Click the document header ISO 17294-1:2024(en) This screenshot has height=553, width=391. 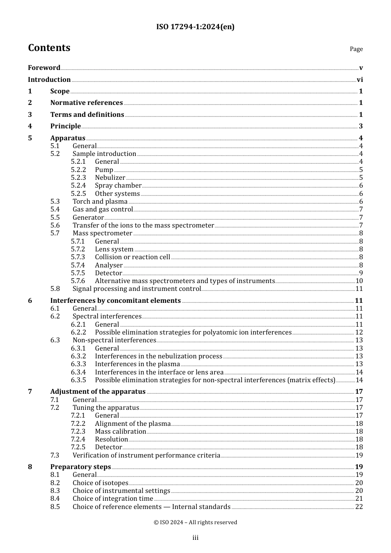pyautogui.click(x=195, y=27)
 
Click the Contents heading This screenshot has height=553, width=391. pyautogui.click(x=49, y=48)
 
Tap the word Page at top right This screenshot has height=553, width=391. pyautogui.click(x=356, y=49)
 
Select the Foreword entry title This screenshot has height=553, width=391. pyautogui.click(x=44, y=68)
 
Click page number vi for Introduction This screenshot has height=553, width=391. pyautogui.click(x=360, y=80)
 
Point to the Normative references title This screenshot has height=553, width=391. pyautogui.click(x=86, y=103)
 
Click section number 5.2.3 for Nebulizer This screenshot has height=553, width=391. pyautogui.click(x=78, y=178)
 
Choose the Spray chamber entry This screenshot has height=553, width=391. pyautogui.click(x=118, y=186)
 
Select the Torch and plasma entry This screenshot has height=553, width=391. pyautogui.click(x=100, y=202)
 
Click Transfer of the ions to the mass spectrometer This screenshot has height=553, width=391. pyautogui.click(x=143, y=225)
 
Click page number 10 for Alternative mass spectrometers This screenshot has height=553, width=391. pyautogui.click(x=359, y=281)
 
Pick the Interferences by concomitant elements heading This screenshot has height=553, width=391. pyautogui.click(x=115, y=301)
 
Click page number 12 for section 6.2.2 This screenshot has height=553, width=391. pyautogui.click(x=359, y=332)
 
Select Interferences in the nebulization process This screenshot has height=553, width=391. pyautogui.click(x=158, y=356)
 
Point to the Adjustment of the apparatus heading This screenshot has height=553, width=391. pyautogui.click(x=98, y=392)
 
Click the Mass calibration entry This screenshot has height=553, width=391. pyautogui.click(x=120, y=432)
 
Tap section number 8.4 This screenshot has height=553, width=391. pyautogui.click(x=55, y=499)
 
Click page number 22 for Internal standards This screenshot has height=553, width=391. pyautogui.click(x=359, y=507)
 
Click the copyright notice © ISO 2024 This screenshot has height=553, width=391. pyautogui.click(x=195, y=523)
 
